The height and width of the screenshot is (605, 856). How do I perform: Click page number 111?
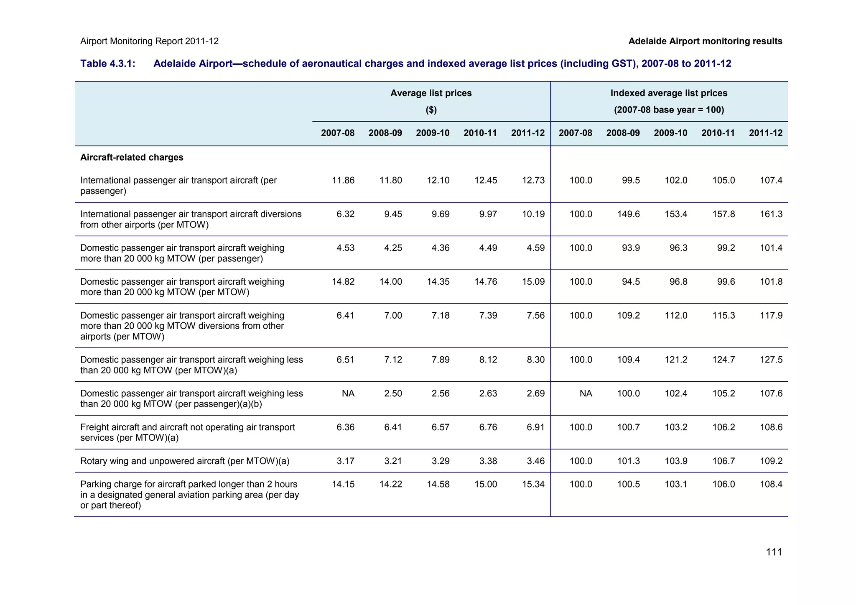coord(774,552)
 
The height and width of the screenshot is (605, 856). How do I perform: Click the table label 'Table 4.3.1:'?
coord(108,64)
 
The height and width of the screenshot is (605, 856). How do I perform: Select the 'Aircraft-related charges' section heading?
coord(132,158)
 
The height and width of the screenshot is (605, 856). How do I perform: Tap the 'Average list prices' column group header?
coord(431,93)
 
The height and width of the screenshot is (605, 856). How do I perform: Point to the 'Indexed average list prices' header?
coord(669,93)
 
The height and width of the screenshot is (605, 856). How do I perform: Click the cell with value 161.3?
coord(771,214)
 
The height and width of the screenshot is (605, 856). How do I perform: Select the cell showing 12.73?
coord(533,181)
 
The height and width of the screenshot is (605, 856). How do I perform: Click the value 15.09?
coord(533,282)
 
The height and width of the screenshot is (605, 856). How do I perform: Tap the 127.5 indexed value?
coord(771,360)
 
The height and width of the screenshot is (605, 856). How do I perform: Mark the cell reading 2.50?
coord(393,394)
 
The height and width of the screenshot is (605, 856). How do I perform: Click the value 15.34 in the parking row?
coord(533,485)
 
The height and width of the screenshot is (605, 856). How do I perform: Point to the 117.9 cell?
coord(771,316)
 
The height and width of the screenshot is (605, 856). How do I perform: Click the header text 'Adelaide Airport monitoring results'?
coord(705,41)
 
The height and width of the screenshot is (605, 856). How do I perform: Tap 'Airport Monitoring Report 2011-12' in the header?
coord(149,41)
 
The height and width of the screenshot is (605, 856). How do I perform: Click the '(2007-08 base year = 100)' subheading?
coord(669,110)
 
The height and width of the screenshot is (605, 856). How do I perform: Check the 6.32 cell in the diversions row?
coord(345,214)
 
